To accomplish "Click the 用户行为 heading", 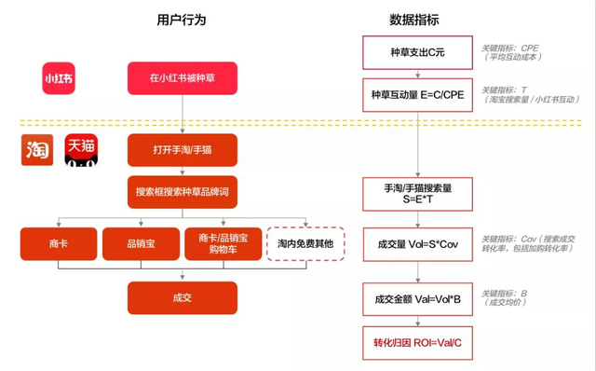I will [x=182, y=20].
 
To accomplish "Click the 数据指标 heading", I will [x=415, y=20].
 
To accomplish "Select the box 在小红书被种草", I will [x=183, y=78].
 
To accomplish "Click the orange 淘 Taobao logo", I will [x=38, y=150].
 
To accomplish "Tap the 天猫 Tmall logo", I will [x=82, y=150].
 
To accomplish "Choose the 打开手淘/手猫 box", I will [x=183, y=150].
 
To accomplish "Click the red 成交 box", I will [x=183, y=297].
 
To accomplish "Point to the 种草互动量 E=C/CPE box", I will [x=417, y=94].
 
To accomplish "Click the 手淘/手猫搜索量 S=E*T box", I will [x=417, y=193].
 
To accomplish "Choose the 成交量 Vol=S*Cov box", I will [x=417, y=244].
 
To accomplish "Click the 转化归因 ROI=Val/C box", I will [x=417, y=342].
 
